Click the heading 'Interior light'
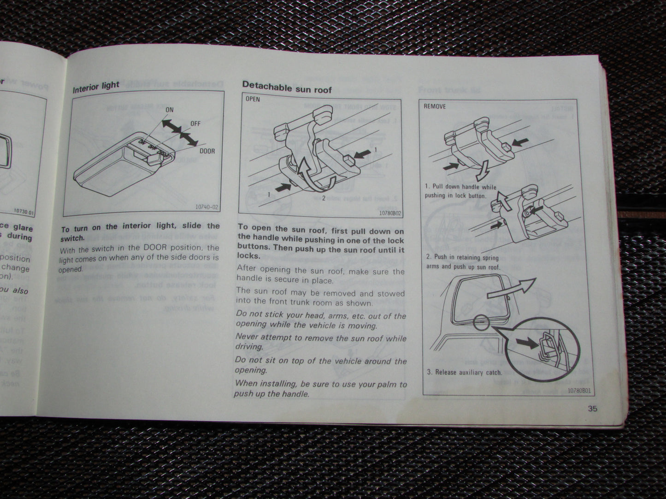pos(95,87)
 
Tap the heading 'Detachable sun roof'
pos(287,87)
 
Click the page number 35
pos(592,408)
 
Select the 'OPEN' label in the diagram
pos(253,99)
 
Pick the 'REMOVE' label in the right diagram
pos(435,106)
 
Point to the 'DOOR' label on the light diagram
pos(207,151)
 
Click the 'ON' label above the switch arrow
pos(169,110)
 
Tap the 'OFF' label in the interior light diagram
pos(195,123)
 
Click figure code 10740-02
pos(206,208)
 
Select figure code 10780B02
pos(390,213)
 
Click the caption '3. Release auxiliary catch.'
pos(464,372)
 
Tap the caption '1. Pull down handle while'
pos(460,187)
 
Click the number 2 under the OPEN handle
pos(324,198)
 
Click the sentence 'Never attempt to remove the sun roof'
pos(321,338)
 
